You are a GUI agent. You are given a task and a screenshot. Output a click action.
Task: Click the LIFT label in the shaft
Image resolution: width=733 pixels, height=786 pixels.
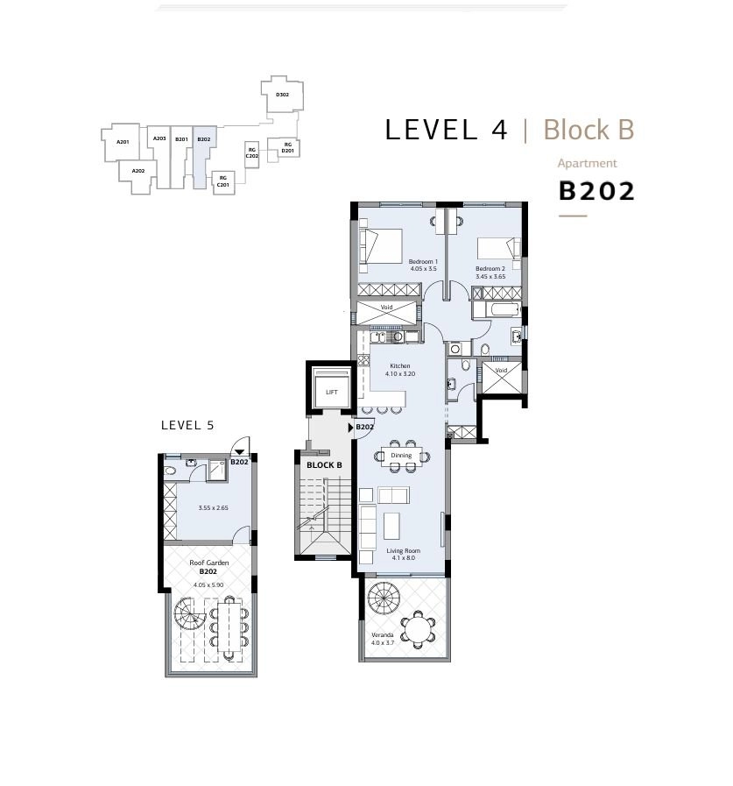(331, 392)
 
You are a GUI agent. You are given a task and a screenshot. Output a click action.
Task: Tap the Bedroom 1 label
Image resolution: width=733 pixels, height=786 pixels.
(423, 261)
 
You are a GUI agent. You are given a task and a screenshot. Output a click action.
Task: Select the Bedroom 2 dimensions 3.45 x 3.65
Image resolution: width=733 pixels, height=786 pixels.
(490, 276)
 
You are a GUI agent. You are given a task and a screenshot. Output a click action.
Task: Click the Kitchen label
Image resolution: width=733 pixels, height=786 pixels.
(400, 366)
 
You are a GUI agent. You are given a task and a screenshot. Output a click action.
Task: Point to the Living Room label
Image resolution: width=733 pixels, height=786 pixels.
(404, 550)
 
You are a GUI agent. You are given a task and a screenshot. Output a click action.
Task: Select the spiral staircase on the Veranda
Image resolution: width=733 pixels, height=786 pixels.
(384, 598)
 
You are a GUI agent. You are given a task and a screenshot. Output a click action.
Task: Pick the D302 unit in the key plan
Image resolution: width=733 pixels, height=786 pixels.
(283, 95)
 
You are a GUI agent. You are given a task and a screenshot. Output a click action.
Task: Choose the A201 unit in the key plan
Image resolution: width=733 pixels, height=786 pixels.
(122, 142)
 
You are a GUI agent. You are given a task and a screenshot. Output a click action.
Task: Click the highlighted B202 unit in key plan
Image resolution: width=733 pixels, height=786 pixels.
(204, 156)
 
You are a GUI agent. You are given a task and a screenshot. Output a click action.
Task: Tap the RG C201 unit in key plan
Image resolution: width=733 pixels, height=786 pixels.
(223, 182)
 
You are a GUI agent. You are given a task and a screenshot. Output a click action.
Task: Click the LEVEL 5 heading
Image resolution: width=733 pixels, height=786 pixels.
(187, 426)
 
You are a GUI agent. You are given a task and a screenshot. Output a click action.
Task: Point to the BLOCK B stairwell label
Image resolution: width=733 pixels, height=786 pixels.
(324, 465)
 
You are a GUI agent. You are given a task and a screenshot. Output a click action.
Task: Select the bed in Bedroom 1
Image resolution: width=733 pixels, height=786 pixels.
(381, 246)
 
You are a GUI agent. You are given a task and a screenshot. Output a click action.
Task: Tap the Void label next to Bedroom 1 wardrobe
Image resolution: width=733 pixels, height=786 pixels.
(386, 308)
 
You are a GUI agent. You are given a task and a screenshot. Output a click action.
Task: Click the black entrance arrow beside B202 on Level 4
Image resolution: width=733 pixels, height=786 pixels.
(350, 428)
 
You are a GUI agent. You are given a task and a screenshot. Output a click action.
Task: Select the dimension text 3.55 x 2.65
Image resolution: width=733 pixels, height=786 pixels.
(213, 508)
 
